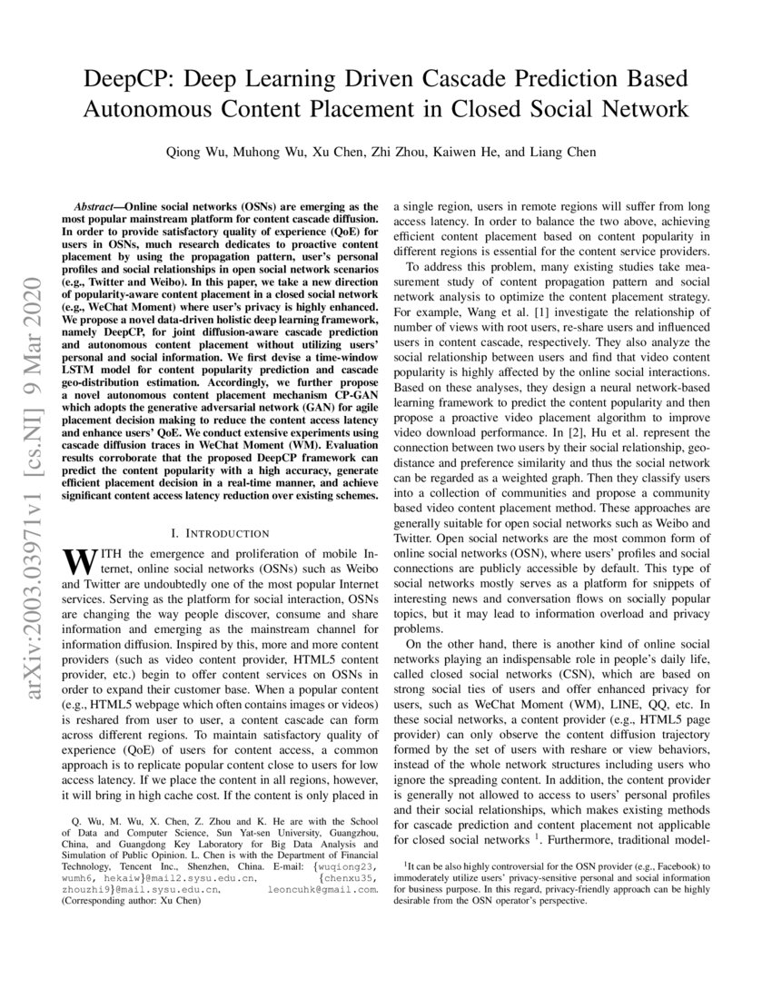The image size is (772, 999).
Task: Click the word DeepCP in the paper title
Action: tap(131, 76)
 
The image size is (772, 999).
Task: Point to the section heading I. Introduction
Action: tap(220, 533)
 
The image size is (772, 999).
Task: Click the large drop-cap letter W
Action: tap(76, 560)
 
